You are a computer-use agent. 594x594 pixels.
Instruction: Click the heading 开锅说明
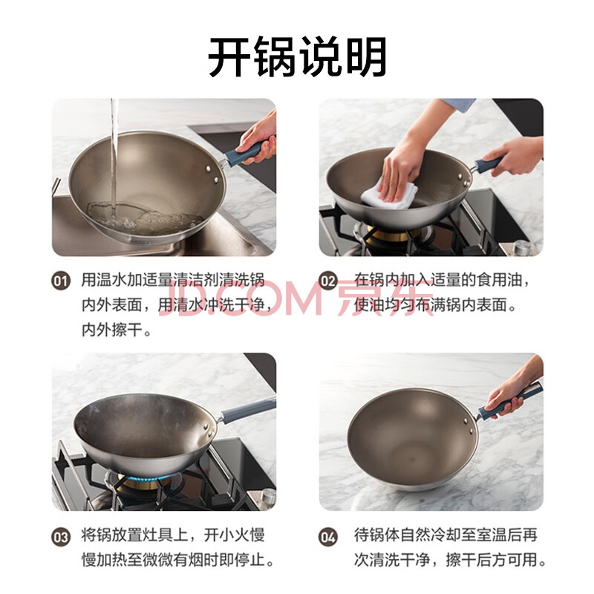298,57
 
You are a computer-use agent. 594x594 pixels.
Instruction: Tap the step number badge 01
61,281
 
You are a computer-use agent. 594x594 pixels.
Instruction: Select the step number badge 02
328,281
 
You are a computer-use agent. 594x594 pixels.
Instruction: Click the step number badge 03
61,537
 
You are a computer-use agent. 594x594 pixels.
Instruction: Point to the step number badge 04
328,537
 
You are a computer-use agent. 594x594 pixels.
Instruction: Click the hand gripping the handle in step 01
258,138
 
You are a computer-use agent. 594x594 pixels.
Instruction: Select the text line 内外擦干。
117,330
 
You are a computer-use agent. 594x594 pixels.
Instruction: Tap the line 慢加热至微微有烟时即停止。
177,560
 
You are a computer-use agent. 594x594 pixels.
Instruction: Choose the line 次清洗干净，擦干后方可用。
451,560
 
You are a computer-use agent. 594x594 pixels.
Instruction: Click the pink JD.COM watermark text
243,299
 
